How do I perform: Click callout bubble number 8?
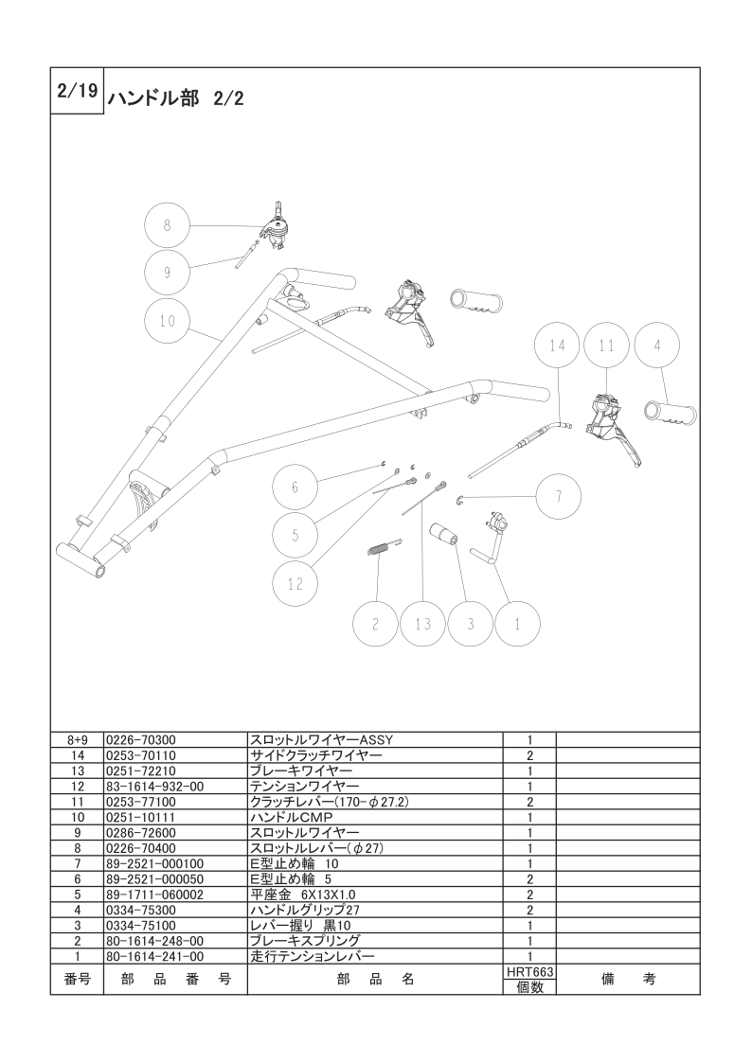coord(168,225)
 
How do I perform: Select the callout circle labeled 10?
coord(168,320)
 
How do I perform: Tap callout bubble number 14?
coord(557,345)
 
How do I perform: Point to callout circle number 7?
coord(559,496)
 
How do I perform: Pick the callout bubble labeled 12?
coord(295,583)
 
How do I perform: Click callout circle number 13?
coord(423,623)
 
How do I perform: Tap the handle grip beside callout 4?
coord(670,415)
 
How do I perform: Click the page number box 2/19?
coord(78,91)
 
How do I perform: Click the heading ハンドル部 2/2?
coord(174,99)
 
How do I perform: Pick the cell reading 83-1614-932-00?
coord(155,787)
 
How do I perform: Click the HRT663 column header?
coord(529,972)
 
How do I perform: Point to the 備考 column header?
coord(629,980)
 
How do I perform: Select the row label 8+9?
coord(78,739)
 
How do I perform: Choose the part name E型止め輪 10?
coord(295,863)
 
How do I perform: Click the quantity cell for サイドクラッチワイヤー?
coord(529,755)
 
